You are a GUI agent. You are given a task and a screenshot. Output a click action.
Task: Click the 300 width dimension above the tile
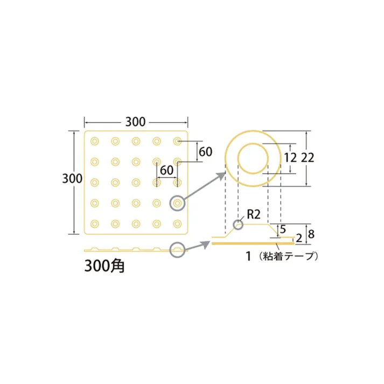pos(135,122)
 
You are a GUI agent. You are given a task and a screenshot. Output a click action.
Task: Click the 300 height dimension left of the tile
pos(72,179)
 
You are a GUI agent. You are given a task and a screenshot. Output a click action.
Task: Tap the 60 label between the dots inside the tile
pos(166,169)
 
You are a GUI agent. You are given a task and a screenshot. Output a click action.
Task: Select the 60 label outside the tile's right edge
pos(205,152)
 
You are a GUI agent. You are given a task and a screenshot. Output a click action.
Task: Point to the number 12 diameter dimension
pos(291,158)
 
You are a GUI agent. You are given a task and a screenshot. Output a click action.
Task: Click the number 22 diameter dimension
pos(308,158)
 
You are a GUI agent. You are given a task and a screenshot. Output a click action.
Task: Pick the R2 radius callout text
pos(253,215)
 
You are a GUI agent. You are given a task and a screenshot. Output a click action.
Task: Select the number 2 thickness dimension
pos(298,238)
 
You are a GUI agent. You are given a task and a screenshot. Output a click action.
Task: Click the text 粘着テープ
pos(288,256)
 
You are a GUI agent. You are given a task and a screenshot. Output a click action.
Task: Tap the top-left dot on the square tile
pos(95,141)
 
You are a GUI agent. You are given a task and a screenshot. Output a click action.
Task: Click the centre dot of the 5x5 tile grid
pos(136,182)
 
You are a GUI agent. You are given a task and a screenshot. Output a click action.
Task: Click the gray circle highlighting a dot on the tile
pos(177,203)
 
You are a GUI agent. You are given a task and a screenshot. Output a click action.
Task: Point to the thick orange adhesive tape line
pos(253,243)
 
